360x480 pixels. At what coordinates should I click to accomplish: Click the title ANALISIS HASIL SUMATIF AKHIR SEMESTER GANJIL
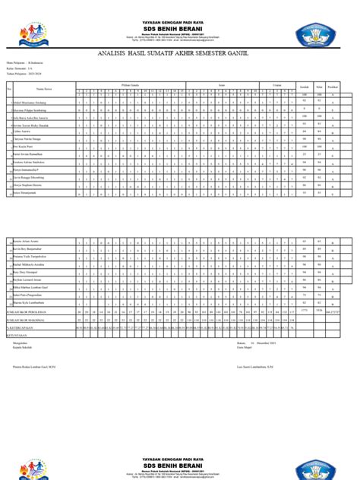(180, 54)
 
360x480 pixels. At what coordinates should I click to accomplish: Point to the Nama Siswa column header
(33, 88)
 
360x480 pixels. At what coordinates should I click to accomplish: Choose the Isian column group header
(221, 85)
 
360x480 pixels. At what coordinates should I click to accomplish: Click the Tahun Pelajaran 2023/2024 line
(30, 77)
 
